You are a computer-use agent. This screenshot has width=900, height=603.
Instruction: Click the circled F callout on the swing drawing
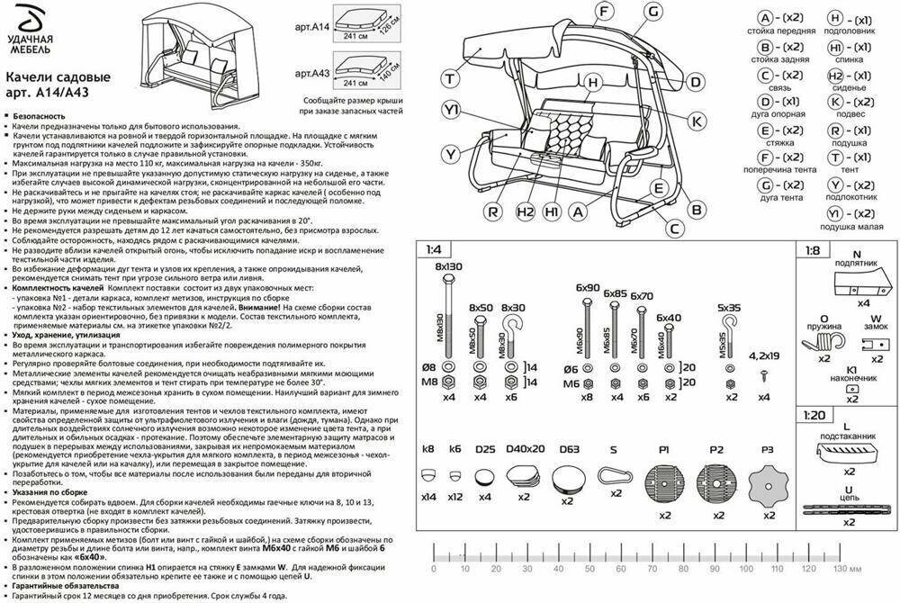[605, 13]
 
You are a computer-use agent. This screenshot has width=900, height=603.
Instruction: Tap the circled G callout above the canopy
[654, 13]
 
